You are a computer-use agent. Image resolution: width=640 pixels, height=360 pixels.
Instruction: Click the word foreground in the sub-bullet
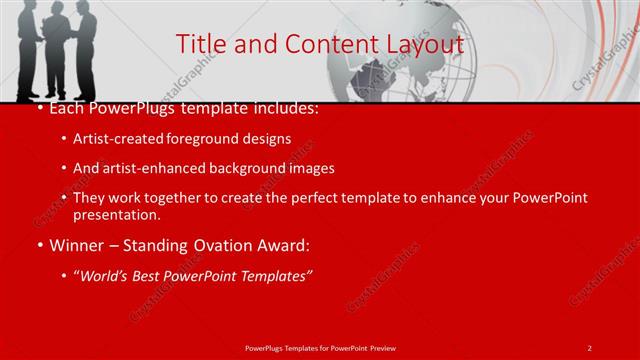tap(209, 138)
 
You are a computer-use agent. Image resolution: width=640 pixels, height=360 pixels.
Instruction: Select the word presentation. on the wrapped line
tap(117, 215)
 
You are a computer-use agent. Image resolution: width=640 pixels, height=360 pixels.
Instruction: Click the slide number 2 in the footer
tap(589, 347)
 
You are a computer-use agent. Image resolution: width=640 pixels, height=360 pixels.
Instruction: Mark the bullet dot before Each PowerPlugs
tap(38, 108)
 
